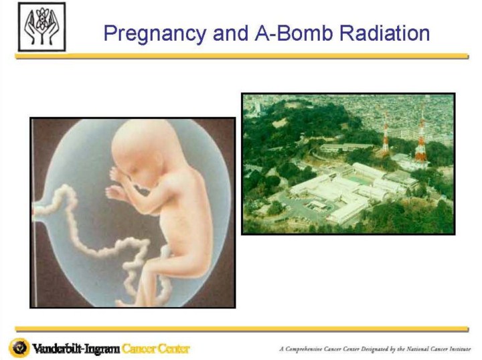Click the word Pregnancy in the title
pos(155,33)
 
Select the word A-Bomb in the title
pos(294,33)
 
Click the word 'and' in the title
pos(230,33)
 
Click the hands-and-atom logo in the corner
pos(42,27)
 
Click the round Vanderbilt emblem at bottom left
pos(19,348)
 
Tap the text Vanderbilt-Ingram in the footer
pos(76,349)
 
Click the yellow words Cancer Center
pos(155,349)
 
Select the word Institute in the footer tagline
pos(459,349)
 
